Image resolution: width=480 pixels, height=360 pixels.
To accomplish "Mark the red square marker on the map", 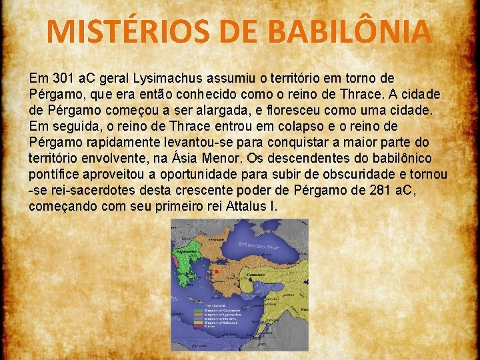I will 217,272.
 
